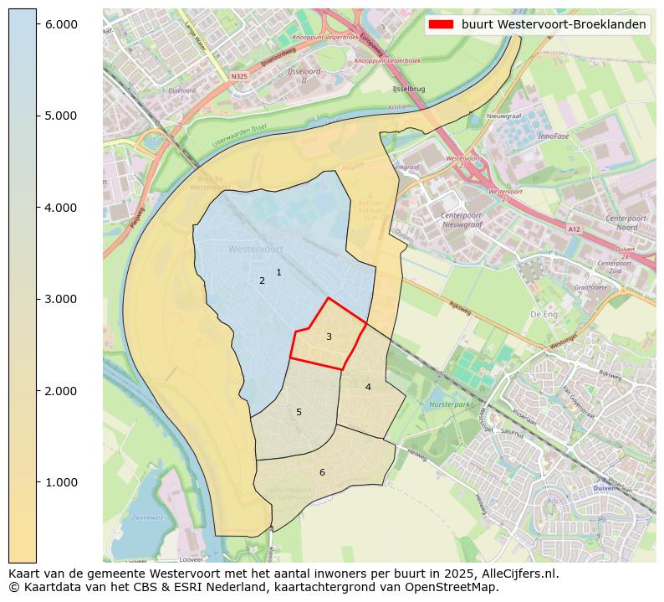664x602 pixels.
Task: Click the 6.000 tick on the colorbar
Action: tap(61, 24)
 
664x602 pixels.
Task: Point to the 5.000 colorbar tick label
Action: tap(61, 116)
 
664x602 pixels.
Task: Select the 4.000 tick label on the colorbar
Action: tap(61, 208)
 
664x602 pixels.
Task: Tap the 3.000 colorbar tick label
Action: tap(61, 299)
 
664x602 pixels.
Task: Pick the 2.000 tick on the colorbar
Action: tap(61, 391)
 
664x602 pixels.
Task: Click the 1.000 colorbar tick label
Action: tap(61, 482)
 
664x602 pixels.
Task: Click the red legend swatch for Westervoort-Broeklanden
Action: tap(441, 24)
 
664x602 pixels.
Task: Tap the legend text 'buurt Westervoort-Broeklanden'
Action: tap(554, 24)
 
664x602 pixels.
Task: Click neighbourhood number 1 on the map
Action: tap(278, 272)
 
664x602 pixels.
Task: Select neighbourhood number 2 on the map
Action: tap(262, 280)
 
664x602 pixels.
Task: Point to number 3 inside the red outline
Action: tap(329, 337)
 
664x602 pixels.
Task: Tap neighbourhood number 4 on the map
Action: tap(368, 387)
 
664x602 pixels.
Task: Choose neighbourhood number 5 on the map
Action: tap(299, 412)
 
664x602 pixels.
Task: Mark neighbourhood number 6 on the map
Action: tap(322, 473)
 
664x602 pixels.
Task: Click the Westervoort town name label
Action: tap(255, 250)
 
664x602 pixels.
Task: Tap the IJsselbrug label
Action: tap(409, 88)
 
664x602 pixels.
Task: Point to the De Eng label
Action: tap(544, 314)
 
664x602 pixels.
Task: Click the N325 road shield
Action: tap(240, 75)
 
